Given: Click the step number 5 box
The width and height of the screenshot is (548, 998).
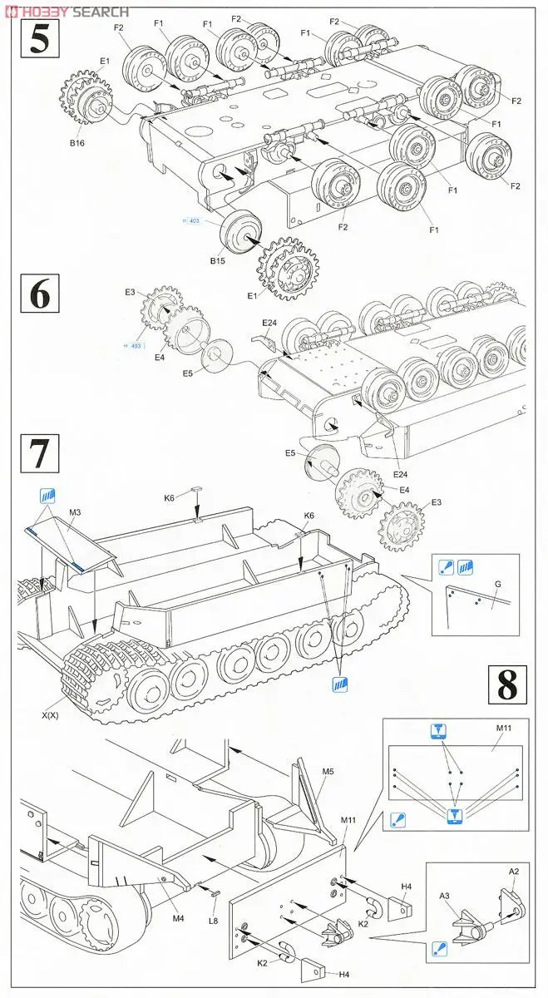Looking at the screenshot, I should [x=39, y=39].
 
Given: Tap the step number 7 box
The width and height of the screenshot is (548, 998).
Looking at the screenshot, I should [x=39, y=455].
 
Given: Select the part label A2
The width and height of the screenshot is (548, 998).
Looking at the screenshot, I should [x=514, y=872].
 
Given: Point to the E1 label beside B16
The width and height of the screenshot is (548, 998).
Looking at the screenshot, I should [x=105, y=62].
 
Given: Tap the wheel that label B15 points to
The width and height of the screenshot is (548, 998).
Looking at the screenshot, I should [x=239, y=231].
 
